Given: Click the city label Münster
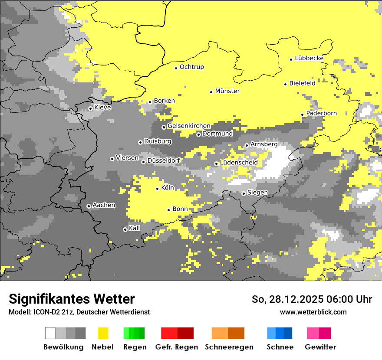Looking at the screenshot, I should [227, 91].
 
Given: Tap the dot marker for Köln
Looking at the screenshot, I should [158, 189].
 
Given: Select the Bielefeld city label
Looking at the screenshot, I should [302, 83].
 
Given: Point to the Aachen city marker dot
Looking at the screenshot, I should [89, 206].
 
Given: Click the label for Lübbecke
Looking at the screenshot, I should [309, 58].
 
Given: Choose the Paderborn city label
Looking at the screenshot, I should [321, 113].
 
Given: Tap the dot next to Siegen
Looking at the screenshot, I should [244, 194].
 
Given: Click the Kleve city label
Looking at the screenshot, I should [102, 108].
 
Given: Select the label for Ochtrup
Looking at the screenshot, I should [191, 67].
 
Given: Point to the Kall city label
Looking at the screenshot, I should [135, 228].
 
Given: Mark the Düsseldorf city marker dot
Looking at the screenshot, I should [143, 162].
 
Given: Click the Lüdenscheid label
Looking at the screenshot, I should [239, 163].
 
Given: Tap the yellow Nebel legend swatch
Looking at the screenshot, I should [103, 333].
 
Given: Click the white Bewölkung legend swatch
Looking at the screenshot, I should [50, 333].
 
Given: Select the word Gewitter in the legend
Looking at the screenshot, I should [320, 347].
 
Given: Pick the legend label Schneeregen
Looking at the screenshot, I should [229, 347].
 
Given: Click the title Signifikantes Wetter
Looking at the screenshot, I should [72, 299].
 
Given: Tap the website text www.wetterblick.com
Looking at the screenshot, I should [313, 312].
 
